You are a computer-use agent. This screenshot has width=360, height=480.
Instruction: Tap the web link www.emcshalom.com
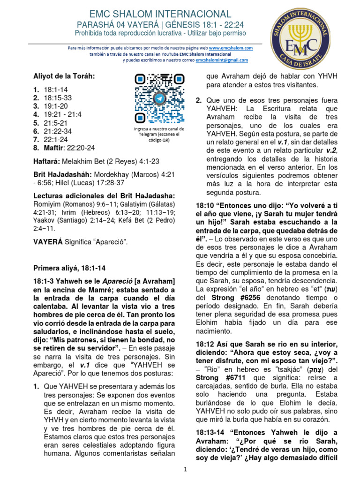(x=231, y=48)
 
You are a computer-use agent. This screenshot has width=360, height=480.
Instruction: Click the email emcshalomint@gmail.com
(x=222, y=60)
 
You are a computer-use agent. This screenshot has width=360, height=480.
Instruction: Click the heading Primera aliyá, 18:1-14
(x=69, y=268)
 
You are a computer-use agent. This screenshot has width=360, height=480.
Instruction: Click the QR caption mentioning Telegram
(x=159, y=134)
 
